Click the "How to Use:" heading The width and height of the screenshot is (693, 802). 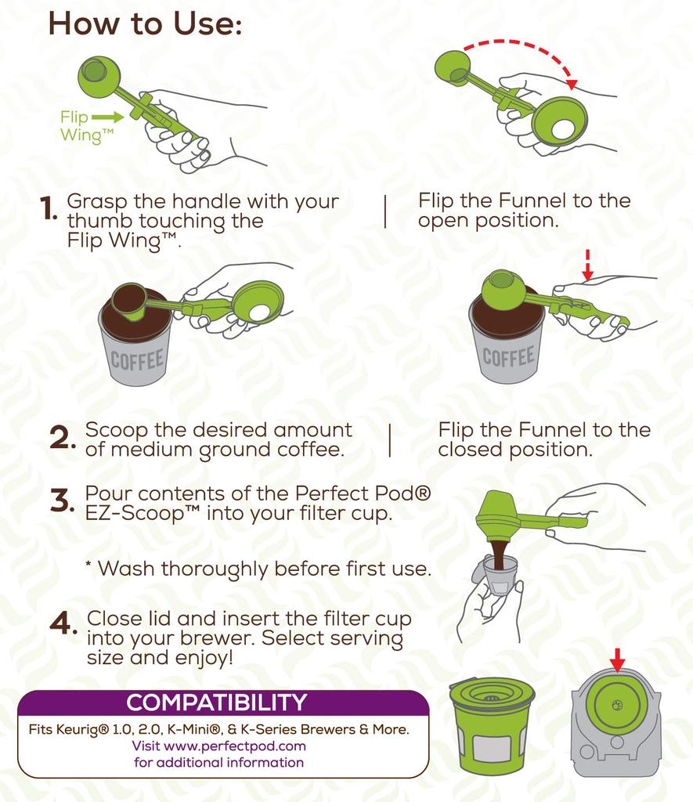pos(145,23)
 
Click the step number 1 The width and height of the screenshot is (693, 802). pos(49,209)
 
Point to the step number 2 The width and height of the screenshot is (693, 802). pos(60,439)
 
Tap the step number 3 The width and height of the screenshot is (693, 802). pos(60,501)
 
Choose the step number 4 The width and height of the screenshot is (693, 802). pos(62,624)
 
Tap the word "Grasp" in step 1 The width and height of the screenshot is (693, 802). pos(96,201)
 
